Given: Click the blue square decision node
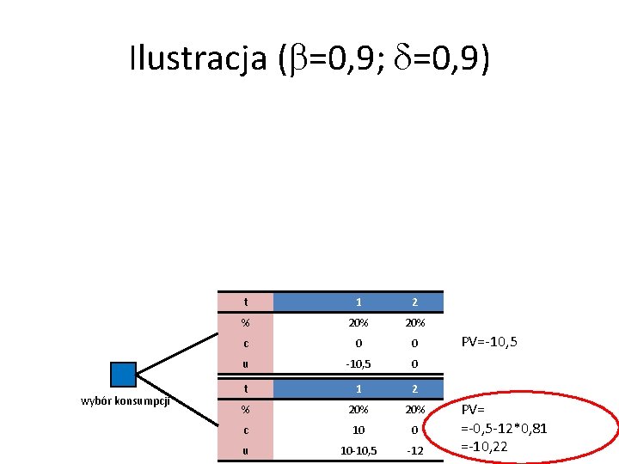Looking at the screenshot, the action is click(124, 374).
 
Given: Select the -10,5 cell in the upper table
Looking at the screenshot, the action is click(359, 364).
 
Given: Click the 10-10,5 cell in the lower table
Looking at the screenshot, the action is click(359, 450).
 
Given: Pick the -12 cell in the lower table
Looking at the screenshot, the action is click(414, 450).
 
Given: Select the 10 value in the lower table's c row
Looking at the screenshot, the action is click(359, 429).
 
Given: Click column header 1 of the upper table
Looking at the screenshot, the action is click(359, 302).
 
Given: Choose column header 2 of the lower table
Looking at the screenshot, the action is click(414, 388).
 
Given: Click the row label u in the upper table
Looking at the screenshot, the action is click(246, 364).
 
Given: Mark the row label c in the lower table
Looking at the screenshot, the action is click(246, 429).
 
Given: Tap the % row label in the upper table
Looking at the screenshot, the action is click(246, 323).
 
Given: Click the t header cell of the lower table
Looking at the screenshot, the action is click(246, 388).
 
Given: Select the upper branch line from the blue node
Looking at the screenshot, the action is click(176, 340).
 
